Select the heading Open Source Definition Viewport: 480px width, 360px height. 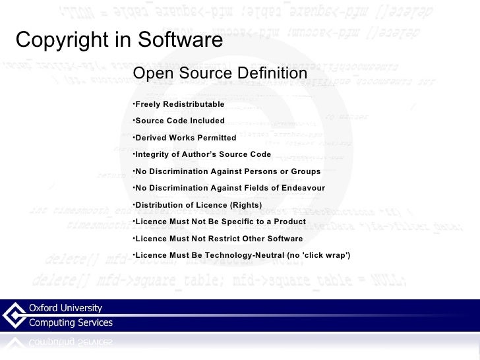pyautogui.click(x=220, y=73)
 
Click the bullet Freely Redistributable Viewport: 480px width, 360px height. pyautogui.click(x=179, y=105)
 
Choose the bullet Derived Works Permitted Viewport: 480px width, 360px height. pyautogui.click(x=185, y=138)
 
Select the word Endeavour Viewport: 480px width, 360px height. pyautogui.click(x=303, y=188)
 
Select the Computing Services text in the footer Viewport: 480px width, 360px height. pyautogui.click(x=70, y=323)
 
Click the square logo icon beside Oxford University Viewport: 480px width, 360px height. pyautogui.click(x=15, y=315)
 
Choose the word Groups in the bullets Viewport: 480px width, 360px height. pyautogui.click(x=305, y=171)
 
